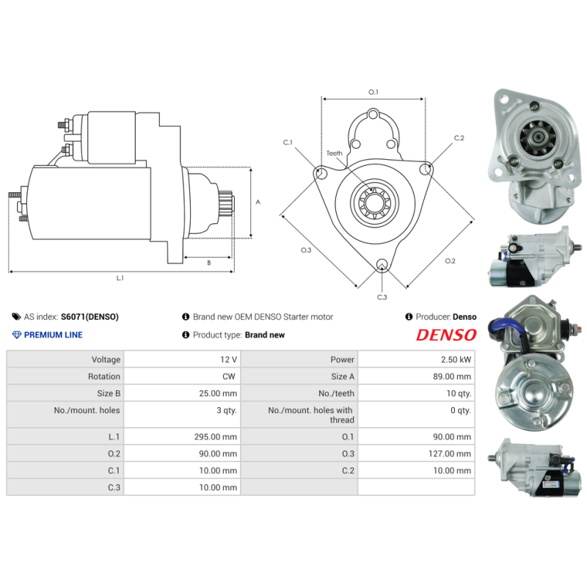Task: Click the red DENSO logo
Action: pyautogui.click(x=446, y=335)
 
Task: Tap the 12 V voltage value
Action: pyautogui.click(x=228, y=360)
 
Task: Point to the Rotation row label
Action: pyautogui.click(x=103, y=376)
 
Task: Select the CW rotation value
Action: pyautogui.click(x=230, y=376)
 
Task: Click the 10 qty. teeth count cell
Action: pyautogui.click(x=459, y=393)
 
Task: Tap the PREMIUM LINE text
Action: pyautogui.click(x=53, y=335)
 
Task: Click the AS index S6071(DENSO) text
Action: pyautogui.click(x=89, y=317)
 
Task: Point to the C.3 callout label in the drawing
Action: pyautogui.click(x=382, y=297)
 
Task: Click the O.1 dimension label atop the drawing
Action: pyautogui.click(x=373, y=92)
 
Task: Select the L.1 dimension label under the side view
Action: pyautogui.click(x=120, y=278)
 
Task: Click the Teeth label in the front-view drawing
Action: pyautogui.click(x=335, y=153)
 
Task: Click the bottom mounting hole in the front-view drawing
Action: pyautogui.click(x=381, y=265)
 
